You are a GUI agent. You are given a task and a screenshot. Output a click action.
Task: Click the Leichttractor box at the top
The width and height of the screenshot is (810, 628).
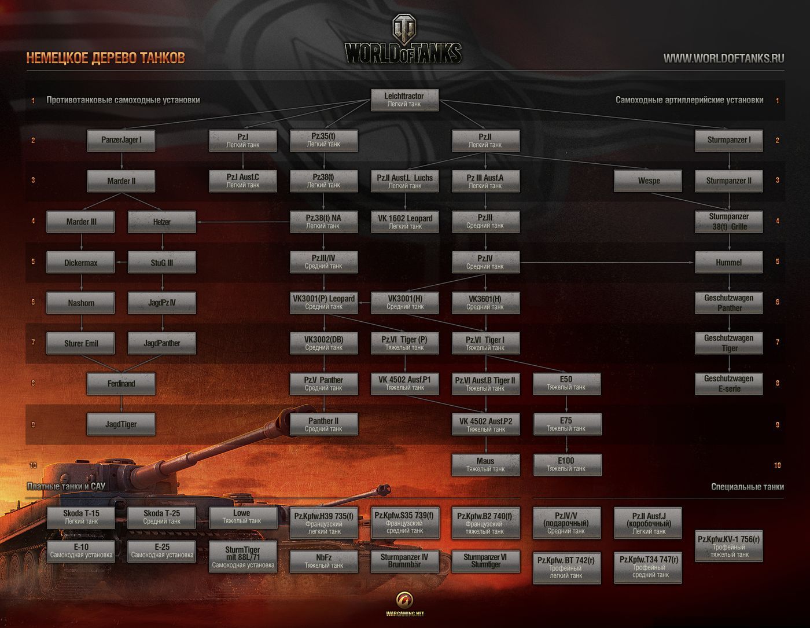click(404, 100)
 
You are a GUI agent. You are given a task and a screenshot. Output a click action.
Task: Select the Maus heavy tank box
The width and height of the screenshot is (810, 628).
click(485, 465)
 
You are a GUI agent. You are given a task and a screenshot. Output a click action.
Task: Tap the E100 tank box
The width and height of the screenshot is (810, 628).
click(566, 465)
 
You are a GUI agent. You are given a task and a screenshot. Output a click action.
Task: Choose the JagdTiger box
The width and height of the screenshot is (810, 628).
click(121, 424)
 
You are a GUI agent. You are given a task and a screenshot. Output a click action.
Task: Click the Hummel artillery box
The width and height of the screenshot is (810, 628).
click(728, 262)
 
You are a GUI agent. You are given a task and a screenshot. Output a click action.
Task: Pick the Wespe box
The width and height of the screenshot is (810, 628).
click(648, 181)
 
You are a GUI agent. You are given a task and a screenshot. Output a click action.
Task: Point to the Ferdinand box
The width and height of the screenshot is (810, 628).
click(121, 384)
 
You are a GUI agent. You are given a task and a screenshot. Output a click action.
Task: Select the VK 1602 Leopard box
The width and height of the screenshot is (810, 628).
click(405, 222)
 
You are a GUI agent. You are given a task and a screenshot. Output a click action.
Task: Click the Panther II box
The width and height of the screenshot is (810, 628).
click(323, 424)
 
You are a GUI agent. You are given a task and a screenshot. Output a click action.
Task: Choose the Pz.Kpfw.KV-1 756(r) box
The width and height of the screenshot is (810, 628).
click(728, 546)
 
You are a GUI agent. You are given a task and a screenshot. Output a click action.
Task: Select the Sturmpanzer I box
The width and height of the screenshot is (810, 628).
click(728, 140)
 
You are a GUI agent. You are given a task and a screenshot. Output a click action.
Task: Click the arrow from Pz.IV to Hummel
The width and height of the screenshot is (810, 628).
click(607, 262)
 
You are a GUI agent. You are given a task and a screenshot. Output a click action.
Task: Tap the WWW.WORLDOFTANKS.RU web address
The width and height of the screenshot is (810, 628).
click(723, 58)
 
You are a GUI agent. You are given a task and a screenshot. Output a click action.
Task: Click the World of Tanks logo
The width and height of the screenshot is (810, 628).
click(403, 41)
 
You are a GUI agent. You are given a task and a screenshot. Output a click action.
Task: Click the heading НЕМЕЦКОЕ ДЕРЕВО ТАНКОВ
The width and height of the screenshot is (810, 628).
click(106, 58)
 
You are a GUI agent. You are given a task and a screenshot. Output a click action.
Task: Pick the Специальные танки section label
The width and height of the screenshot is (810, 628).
click(747, 487)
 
